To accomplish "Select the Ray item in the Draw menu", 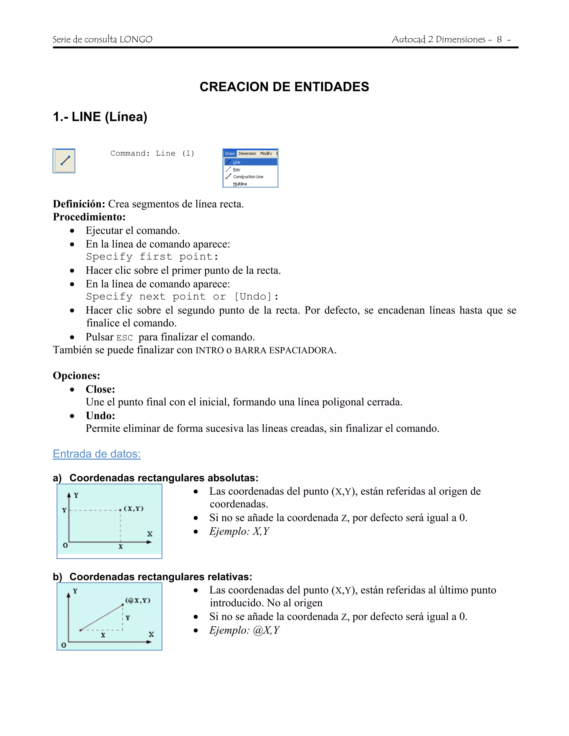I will tap(237, 169).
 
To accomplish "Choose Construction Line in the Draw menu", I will tap(248, 177).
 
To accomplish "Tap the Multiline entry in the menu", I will tap(240, 184).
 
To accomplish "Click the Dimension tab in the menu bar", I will tap(247, 154).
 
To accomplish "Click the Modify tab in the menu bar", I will tap(266, 154).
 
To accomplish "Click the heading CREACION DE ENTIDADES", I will tap(284, 87).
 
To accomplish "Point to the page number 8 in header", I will tap(499, 39).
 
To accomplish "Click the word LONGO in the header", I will tap(136, 39).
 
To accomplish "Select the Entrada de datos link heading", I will tap(97, 454).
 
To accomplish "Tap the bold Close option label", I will tap(100, 389).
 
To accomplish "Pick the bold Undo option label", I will tap(100, 416).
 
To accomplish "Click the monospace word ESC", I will tap(124, 338).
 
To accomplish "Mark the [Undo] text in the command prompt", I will tap(253, 297).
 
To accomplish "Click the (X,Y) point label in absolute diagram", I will tap(133, 509).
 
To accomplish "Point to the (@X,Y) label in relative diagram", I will tap(138, 600).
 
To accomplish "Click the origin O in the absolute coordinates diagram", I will tap(65, 545).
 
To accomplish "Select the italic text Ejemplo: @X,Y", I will tap(244, 630).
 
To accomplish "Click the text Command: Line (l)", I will tap(152, 154).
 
